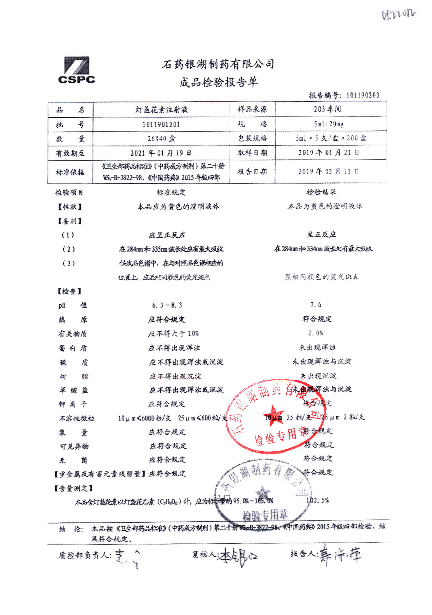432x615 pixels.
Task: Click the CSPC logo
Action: pyautogui.click(x=76, y=70)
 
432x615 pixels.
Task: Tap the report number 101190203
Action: pyautogui.click(x=363, y=95)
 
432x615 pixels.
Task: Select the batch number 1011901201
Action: pyautogui.click(x=161, y=125)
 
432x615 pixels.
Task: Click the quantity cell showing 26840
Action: pyautogui.click(x=161, y=139)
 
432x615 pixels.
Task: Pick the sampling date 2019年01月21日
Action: pyautogui.click(x=329, y=152)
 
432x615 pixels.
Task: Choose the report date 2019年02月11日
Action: pyautogui.click(x=328, y=171)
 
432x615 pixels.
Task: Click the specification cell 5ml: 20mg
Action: pyautogui.click(x=329, y=124)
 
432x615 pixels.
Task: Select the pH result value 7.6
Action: pyautogui.click(x=316, y=305)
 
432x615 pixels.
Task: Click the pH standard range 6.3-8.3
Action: pyautogui.click(x=167, y=305)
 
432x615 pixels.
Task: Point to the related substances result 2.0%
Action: pyautogui.click(x=316, y=333)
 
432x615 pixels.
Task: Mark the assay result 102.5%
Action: pyautogui.click(x=317, y=500)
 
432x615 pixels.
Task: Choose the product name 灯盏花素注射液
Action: pyautogui.click(x=162, y=110)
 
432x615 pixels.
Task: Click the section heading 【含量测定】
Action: pyautogui.click(x=73, y=488)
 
